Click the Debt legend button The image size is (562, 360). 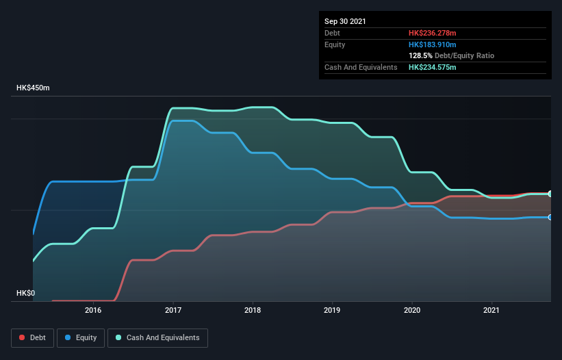[x=32, y=337]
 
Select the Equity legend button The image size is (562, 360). [x=81, y=337]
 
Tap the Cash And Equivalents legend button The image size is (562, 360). [x=157, y=337]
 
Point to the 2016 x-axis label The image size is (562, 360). [x=93, y=310]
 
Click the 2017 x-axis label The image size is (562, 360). [x=173, y=310]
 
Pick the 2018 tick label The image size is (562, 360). [x=253, y=310]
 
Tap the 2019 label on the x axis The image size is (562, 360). [x=332, y=310]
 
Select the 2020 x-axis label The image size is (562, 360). [x=412, y=310]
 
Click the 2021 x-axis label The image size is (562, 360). [x=491, y=310]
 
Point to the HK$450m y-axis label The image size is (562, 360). [x=33, y=88]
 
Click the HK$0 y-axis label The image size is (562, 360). [x=25, y=293]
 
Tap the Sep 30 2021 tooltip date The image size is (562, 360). [x=345, y=21]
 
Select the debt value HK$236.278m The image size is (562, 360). [x=432, y=33]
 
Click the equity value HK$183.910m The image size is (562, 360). [x=432, y=44]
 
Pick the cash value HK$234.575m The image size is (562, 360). [x=432, y=67]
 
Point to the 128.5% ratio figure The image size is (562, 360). [x=420, y=55]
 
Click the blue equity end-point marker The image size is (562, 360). [x=550, y=217]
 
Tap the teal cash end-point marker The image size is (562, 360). [x=550, y=194]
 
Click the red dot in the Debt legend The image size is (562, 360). [x=23, y=337]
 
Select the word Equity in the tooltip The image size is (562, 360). [x=335, y=44]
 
